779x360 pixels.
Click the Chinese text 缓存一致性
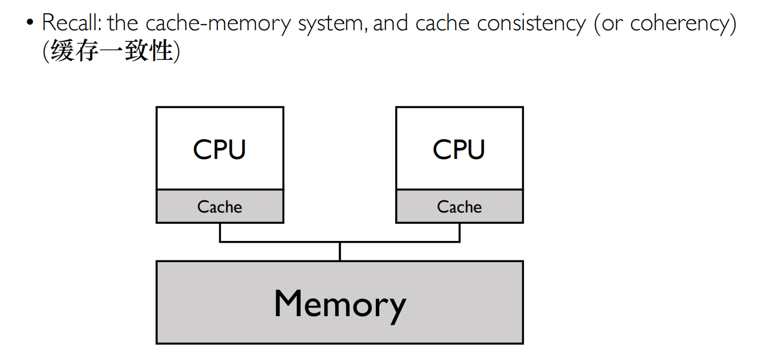(x=111, y=51)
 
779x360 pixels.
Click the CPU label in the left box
(x=219, y=149)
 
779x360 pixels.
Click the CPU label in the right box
(x=459, y=149)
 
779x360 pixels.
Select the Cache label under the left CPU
(x=220, y=207)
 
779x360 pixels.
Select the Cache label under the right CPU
(x=460, y=207)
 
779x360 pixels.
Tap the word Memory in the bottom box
(x=339, y=304)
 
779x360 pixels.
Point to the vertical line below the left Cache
(x=220, y=232)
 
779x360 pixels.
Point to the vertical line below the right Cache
(x=460, y=232)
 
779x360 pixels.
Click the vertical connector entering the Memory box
(x=340, y=252)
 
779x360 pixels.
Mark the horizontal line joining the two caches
(x=285, y=242)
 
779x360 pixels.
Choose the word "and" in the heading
(x=391, y=23)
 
